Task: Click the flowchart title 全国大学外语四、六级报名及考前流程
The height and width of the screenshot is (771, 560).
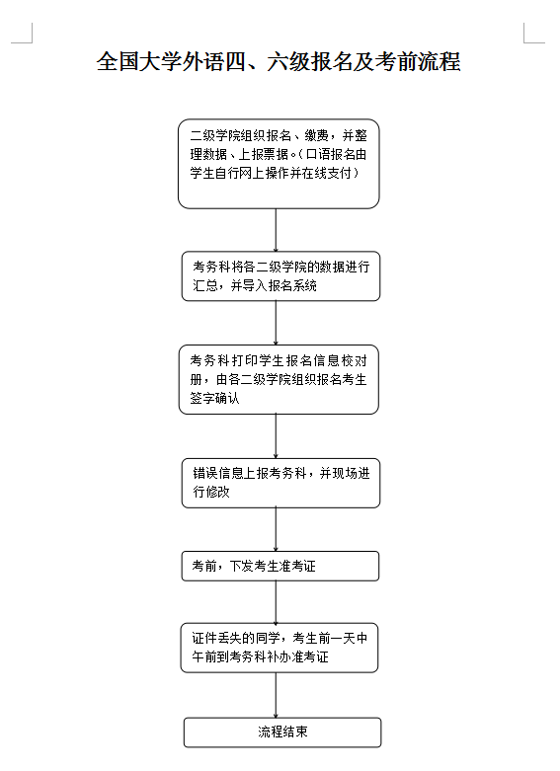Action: point(279,61)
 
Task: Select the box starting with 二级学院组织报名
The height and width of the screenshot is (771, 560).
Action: point(279,164)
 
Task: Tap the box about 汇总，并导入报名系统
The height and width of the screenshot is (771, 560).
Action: point(280,275)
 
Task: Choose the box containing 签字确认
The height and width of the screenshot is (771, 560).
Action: point(279,380)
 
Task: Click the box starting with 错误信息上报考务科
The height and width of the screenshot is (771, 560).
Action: point(280,483)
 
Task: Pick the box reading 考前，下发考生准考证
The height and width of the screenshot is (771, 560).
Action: point(280,566)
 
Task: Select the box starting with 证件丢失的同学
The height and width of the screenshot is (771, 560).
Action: point(280,648)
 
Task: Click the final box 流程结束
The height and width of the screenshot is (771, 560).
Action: point(282,732)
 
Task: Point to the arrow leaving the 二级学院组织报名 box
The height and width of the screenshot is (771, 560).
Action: point(276,230)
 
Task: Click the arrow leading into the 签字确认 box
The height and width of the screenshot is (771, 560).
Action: point(276,323)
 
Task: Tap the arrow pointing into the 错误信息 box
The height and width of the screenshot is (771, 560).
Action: point(276,436)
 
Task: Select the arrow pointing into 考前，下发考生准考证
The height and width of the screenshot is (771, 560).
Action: point(276,529)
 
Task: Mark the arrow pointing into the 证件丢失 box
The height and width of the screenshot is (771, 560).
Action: point(276,602)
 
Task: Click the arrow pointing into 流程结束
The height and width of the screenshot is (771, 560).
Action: point(276,695)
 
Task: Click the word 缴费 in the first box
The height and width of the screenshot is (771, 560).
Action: point(316,135)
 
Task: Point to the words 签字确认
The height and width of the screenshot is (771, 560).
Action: point(214,398)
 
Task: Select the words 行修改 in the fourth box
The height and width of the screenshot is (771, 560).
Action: point(211,492)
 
